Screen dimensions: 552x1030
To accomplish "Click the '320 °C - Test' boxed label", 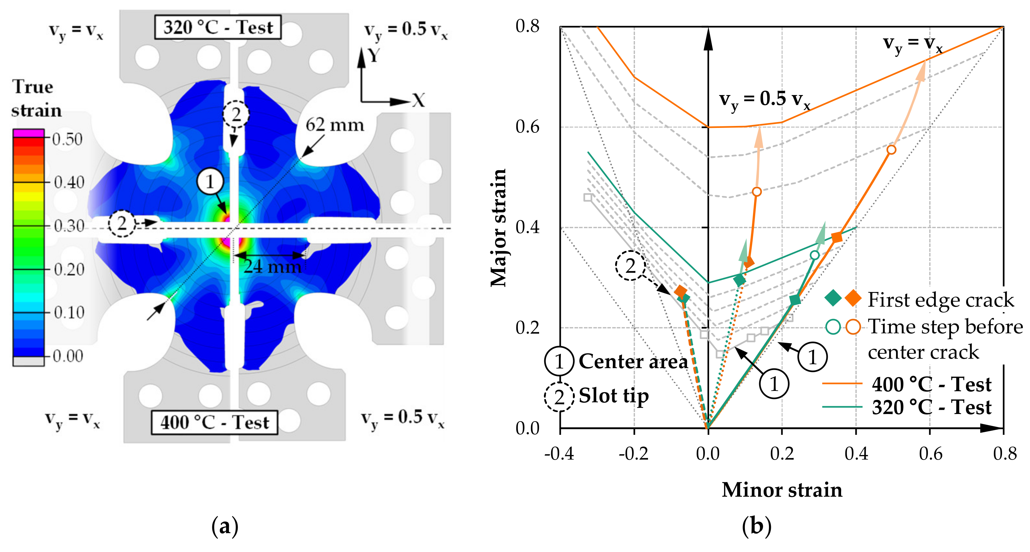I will (218, 27).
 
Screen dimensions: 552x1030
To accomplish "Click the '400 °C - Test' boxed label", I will (215, 422).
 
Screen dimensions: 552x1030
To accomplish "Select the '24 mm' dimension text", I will (273, 266).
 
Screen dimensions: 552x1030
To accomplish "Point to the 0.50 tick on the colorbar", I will (67, 139).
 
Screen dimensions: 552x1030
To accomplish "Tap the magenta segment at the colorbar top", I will (28, 133).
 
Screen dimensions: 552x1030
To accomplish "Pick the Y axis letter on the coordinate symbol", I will (374, 55).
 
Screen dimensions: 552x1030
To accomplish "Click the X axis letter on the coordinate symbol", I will (418, 100).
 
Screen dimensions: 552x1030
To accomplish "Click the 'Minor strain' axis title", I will (782, 490).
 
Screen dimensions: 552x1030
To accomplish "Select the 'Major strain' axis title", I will (498, 228).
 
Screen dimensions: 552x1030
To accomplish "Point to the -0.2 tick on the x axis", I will (634, 453).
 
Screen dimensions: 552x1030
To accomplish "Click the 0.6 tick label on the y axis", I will (527, 127).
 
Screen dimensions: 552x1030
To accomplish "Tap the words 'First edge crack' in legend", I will (941, 300).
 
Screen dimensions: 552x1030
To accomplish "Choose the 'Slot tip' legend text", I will (614, 395).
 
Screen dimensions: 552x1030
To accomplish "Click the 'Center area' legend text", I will (633, 362).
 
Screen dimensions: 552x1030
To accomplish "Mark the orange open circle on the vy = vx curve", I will (891, 150).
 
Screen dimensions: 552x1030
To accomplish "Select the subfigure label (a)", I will (225, 526).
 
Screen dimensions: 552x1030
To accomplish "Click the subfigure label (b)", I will (757, 526).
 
